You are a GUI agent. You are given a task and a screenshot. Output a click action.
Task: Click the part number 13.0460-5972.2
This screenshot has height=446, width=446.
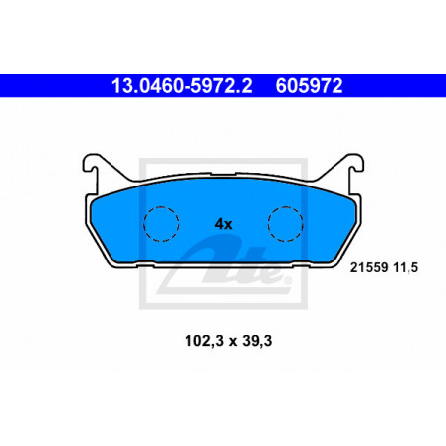(182, 86)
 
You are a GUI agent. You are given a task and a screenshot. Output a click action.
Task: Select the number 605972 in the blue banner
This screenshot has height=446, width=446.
(309, 86)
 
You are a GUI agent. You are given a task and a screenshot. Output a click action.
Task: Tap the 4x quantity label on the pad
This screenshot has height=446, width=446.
(223, 224)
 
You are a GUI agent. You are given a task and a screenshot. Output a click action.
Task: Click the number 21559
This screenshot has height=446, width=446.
(369, 267)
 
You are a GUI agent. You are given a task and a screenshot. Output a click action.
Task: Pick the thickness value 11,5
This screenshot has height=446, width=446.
(406, 268)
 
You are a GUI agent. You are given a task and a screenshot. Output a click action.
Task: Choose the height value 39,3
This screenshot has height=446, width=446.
(258, 341)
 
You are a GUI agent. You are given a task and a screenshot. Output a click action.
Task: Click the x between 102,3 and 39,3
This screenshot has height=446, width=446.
(233, 342)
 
